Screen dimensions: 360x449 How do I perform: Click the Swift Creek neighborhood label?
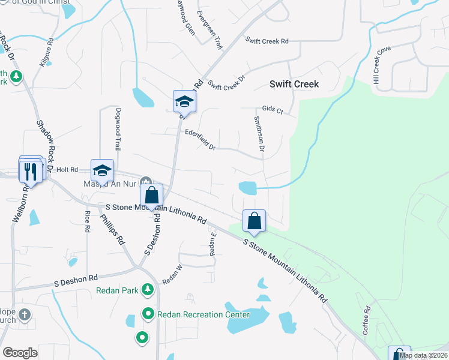click(294, 85)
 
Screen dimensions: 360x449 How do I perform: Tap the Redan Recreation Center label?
click(203, 314)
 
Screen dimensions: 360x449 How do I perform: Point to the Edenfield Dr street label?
click(200, 140)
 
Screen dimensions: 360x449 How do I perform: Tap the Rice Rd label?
click(88, 221)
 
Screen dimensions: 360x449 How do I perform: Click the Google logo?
click(20, 353)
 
